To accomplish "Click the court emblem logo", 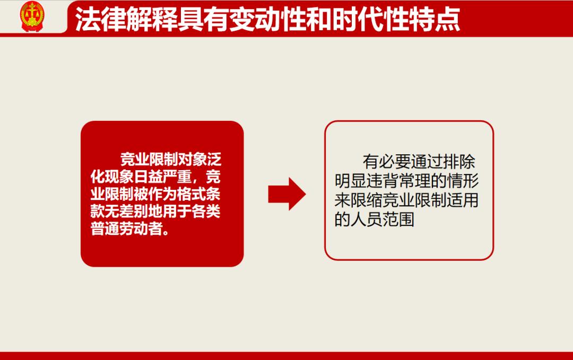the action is tap(32, 16).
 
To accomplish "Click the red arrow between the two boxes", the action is tap(287, 194).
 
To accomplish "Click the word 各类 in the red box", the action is tap(206, 212).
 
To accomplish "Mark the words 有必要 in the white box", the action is tap(387, 162).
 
